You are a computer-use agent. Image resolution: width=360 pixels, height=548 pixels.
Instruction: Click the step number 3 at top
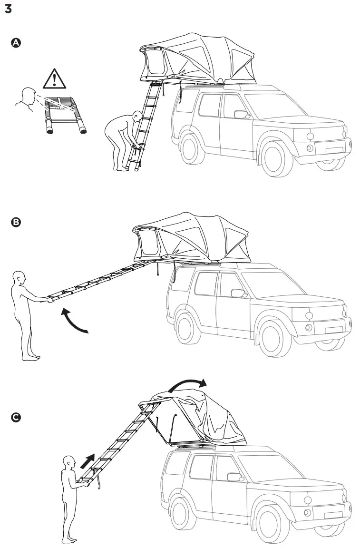pyautogui.click(x=8, y=9)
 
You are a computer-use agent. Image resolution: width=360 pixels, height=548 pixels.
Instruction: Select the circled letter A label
pyautogui.click(x=16, y=43)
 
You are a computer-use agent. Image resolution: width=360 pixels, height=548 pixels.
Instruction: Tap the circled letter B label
pyautogui.click(x=16, y=222)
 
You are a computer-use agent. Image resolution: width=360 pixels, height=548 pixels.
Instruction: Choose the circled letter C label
pyautogui.click(x=16, y=417)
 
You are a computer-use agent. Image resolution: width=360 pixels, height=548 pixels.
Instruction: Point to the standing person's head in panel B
pyautogui.click(x=20, y=277)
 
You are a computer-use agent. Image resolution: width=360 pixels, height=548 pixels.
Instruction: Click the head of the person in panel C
pyautogui.click(x=70, y=462)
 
